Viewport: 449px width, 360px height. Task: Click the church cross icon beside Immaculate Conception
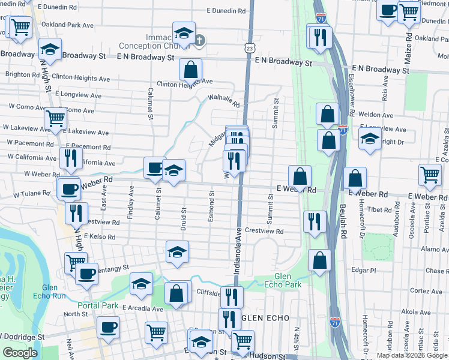[200, 41]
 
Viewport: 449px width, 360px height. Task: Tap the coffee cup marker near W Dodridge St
[108, 328]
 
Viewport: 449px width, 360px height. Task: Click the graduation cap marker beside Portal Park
[142, 284]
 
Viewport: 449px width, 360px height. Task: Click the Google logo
[20, 353]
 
